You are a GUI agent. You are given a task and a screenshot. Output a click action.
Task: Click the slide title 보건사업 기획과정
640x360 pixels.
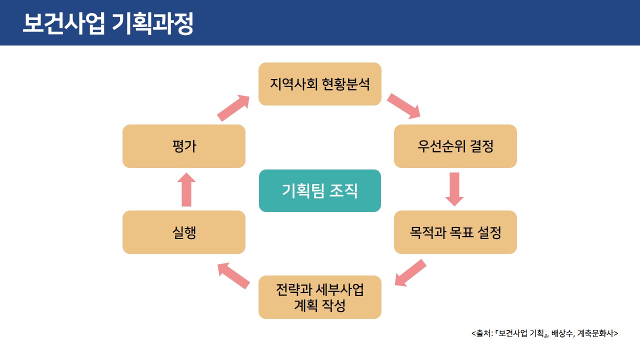tap(107, 24)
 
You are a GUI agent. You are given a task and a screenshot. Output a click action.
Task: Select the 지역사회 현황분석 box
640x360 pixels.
tap(320, 84)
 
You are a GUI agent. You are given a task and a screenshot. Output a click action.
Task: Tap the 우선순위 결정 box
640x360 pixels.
tap(455, 146)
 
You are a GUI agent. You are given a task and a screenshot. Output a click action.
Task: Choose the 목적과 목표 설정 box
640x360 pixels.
tap(455, 232)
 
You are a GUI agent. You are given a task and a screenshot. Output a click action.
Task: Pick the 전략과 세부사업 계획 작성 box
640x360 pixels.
tap(320, 297)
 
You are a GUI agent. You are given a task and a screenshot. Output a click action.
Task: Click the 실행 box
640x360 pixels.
tap(184, 232)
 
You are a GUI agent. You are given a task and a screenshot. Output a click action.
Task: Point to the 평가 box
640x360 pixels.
tap(184, 146)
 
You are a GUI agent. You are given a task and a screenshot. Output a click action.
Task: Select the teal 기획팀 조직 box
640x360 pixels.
tap(320, 190)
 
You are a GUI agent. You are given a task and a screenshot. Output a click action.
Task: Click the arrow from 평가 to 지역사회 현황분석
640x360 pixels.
tap(233, 107)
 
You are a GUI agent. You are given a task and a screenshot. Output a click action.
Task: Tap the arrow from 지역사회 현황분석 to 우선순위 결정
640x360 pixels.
tap(403, 105)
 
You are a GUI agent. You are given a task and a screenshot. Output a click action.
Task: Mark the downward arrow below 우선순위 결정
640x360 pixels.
tap(454, 189)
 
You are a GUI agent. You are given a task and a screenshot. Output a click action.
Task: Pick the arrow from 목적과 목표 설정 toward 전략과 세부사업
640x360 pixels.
tap(410, 272)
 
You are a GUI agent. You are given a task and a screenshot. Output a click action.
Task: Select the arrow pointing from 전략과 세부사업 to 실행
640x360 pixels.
tap(233, 276)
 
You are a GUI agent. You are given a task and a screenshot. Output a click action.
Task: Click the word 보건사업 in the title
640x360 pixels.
tap(63, 24)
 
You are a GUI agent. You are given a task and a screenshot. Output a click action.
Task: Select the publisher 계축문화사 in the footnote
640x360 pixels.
tap(596, 333)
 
